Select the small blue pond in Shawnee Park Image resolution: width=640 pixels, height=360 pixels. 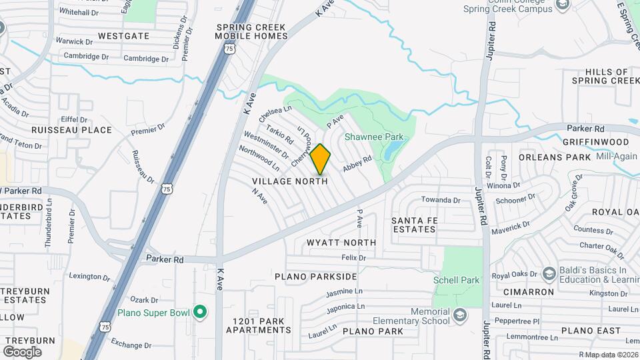point(395,147)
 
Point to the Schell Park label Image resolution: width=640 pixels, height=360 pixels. point(456,280)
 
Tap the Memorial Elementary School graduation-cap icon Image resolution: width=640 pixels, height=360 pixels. point(459,314)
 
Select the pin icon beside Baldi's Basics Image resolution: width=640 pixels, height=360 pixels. point(549,274)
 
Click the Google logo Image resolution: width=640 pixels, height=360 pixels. point(22,351)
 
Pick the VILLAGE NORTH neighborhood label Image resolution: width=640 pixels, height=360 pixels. point(290,181)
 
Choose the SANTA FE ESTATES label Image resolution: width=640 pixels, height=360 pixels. point(413,225)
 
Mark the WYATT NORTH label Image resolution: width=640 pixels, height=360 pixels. point(341,243)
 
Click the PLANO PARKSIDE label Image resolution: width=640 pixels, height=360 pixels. point(315,276)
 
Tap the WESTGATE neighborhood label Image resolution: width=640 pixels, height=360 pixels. point(123,35)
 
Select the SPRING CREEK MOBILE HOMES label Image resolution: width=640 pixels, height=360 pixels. point(251,31)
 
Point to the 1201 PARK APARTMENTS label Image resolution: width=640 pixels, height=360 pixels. point(259,325)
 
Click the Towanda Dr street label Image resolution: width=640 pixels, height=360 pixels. point(441,200)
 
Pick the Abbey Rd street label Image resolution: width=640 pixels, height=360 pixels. point(357,164)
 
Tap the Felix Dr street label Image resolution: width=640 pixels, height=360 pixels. point(354,257)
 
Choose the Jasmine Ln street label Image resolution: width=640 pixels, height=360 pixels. point(345,292)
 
